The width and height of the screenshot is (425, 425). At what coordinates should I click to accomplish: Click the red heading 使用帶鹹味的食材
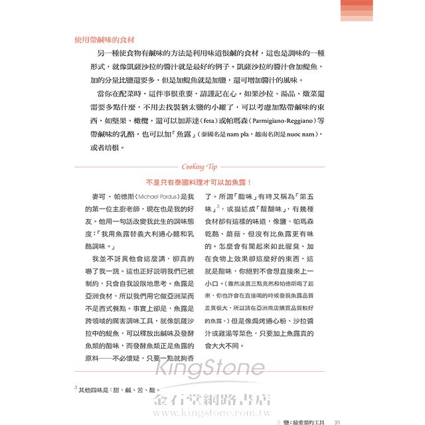(105, 39)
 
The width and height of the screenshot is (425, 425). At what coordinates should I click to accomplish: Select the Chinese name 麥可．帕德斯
(114, 197)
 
